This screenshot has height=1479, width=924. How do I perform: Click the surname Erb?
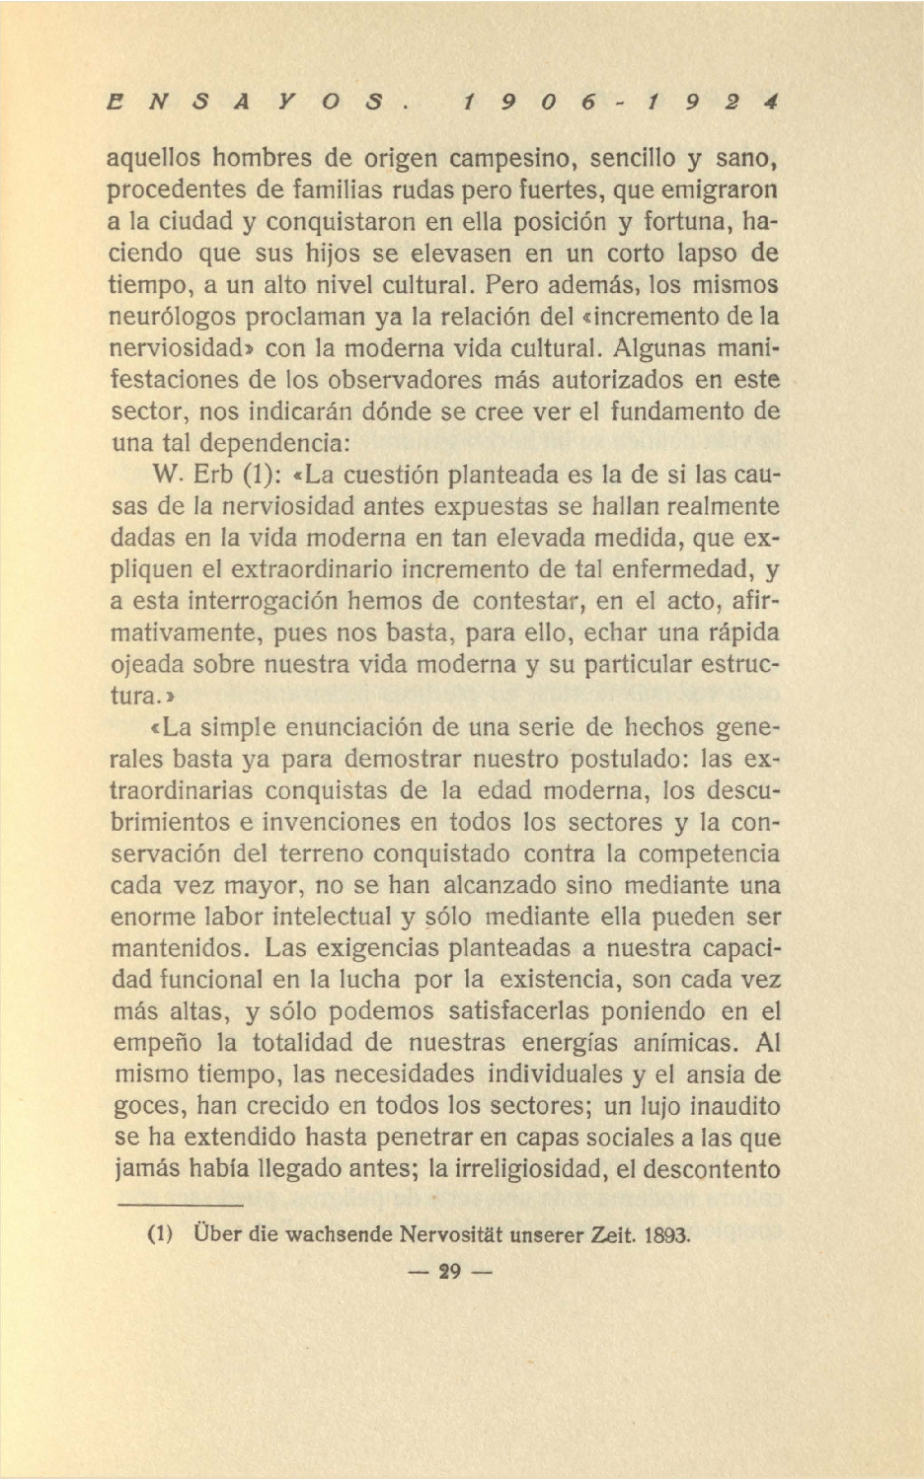[x=212, y=475]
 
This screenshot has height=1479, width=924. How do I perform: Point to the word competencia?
[x=708, y=853]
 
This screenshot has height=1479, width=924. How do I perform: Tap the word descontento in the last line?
[x=711, y=1169]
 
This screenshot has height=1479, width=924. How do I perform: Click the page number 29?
[x=450, y=1272]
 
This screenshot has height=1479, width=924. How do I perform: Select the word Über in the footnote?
[x=212, y=1233]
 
